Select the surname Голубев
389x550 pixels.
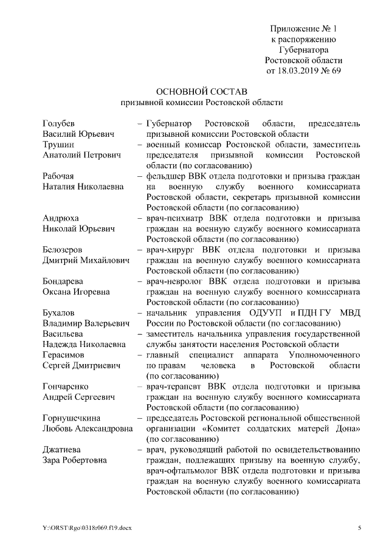click(x=59, y=123)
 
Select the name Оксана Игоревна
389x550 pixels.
click(x=76, y=292)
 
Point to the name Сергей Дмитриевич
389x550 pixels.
click(x=81, y=365)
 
